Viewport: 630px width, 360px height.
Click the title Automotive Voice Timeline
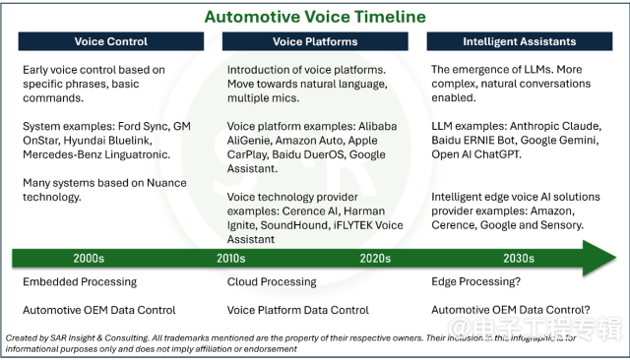[315, 17]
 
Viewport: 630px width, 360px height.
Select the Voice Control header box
[111, 41]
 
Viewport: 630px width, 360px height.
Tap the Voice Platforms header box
[315, 41]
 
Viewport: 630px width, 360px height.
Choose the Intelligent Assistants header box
[520, 41]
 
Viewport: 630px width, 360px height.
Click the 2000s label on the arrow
[89, 258]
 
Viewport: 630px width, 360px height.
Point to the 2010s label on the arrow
[231, 258]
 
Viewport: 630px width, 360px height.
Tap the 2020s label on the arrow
[375, 258]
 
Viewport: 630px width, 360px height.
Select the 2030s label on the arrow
[519, 258]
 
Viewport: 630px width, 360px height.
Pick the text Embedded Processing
[80, 281]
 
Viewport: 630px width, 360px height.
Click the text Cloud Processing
[272, 281]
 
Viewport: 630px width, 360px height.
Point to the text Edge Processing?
[476, 281]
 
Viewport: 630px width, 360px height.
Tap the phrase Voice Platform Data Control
[297, 310]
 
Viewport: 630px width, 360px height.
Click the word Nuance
[166, 183]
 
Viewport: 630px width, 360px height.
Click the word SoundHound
[293, 225]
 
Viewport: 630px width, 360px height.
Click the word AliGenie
[248, 141]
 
